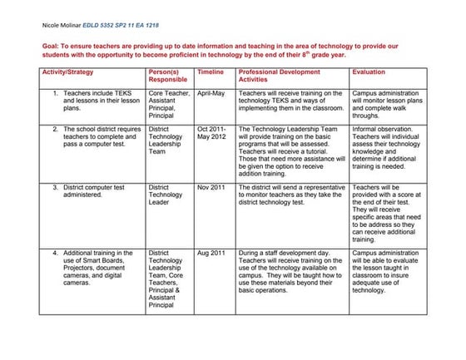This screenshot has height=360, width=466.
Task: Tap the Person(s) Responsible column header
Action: click(169, 77)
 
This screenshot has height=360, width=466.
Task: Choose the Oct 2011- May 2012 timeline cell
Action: click(212, 134)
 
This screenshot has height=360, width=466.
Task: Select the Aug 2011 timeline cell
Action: click(211, 253)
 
